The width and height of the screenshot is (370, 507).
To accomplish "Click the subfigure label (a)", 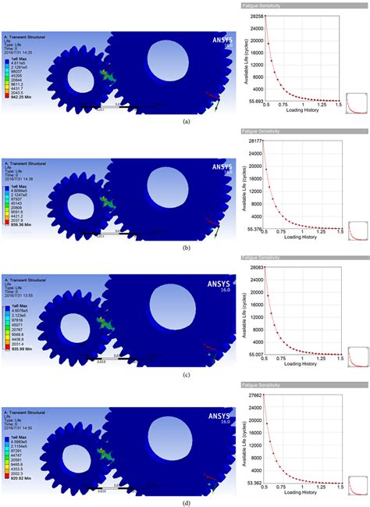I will pos(185,123).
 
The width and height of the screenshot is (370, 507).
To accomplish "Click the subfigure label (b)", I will pos(185,248).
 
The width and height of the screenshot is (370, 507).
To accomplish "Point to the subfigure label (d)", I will pos(185,501).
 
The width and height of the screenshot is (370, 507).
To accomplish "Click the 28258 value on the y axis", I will pos(255,16).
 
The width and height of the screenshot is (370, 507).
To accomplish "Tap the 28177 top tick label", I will pos(255,141).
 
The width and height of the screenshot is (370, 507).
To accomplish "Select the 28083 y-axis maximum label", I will pos(255,267).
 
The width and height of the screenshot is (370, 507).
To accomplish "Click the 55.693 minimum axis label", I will pos(254,102).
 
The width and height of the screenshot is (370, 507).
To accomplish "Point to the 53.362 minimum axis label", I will pos(254,483).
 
